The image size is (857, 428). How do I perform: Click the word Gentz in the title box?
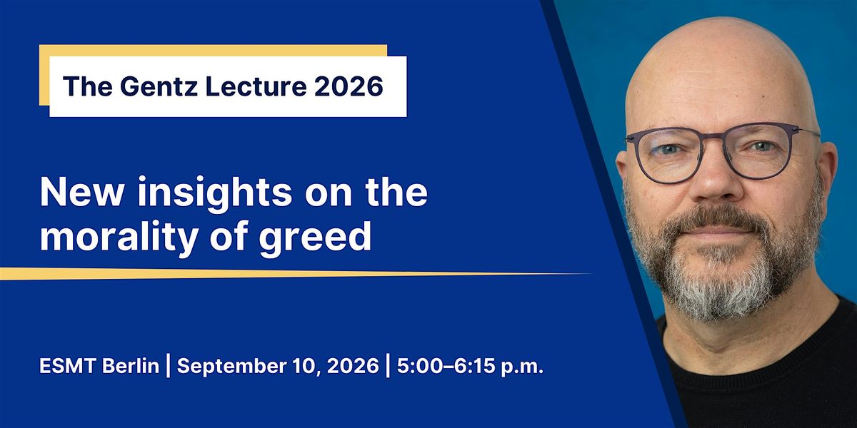(161, 87)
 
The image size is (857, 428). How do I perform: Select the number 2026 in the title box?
(349, 86)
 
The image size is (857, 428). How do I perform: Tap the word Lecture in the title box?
(256, 86)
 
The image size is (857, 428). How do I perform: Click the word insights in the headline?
(215, 193)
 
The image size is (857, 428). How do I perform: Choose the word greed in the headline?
(315, 238)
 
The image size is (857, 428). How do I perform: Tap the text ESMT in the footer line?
(68, 366)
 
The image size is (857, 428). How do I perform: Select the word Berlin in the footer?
(131, 366)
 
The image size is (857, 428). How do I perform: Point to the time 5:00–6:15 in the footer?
(446, 366)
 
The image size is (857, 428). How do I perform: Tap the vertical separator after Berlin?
(168, 366)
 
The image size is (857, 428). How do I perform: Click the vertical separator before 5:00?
(388, 366)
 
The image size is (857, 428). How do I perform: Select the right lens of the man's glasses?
(759, 151)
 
